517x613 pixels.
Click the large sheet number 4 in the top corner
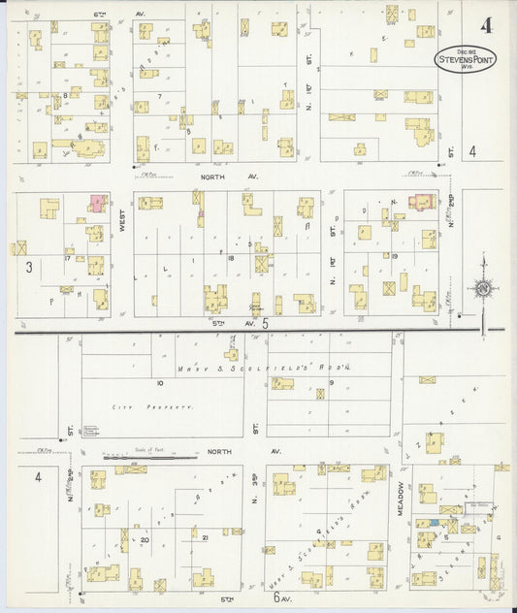[x=484, y=25]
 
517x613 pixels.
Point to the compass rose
[x=483, y=288]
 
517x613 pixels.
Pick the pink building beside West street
[x=98, y=203]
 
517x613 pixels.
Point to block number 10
[x=161, y=383]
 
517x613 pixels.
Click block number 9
[x=331, y=383]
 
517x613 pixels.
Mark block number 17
[x=68, y=258]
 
